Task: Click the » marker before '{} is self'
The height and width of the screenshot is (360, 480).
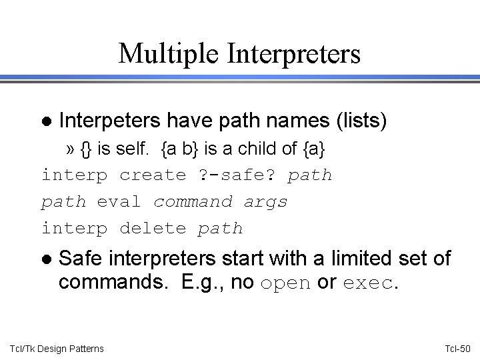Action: [x=71, y=149]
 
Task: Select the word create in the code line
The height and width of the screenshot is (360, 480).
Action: [x=153, y=175]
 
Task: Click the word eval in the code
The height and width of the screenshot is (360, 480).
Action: [x=119, y=202]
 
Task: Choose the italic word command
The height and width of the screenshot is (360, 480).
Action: [x=193, y=202]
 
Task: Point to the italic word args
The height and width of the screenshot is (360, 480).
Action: [x=265, y=202]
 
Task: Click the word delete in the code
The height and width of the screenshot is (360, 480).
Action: [x=153, y=229]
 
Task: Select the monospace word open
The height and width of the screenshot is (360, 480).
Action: [x=286, y=283]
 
